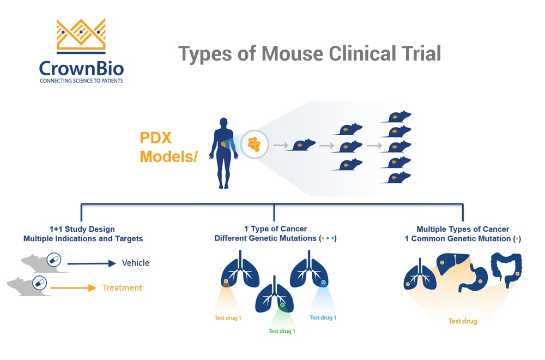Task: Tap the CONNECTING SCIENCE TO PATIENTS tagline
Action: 81,81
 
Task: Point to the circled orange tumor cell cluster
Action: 254,145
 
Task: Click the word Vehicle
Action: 135,263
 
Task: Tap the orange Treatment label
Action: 122,287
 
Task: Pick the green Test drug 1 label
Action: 282,331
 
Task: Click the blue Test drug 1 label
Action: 323,317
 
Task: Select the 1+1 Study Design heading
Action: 82,229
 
